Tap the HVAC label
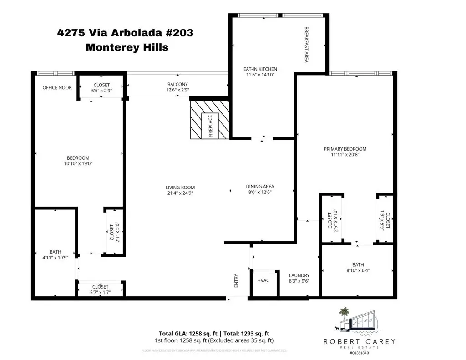[x=263, y=280]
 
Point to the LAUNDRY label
[x=299, y=275]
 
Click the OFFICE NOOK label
[x=57, y=87]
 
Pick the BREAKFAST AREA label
[x=306, y=45]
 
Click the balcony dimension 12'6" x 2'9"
[x=177, y=90]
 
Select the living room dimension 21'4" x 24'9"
[x=180, y=193]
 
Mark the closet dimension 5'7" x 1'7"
[x=100, y=292]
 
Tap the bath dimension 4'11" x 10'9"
[x=56, y=258]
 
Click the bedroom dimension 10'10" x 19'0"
[x=80, y=163]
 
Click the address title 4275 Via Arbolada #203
[x=125, y=33]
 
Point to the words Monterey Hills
[x=127, y=47]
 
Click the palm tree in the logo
[x=344, y=313]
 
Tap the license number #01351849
[x=359, y=352]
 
